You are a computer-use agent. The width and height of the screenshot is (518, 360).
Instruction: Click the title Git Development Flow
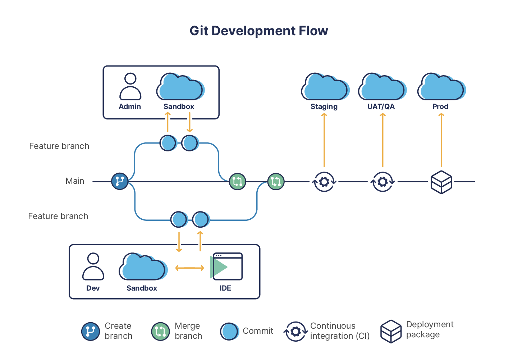(259, 31)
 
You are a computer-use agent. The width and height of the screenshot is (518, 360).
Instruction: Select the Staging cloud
(325, 87)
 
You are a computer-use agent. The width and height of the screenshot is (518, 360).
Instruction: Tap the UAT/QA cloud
(382, 87)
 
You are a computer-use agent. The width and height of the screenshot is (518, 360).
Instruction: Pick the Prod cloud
(441, 87)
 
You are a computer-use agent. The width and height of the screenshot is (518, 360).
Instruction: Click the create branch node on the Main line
(120, 181)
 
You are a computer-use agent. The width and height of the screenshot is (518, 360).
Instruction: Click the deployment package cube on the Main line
(441, 182)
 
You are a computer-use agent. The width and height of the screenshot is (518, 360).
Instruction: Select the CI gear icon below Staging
(324, 182)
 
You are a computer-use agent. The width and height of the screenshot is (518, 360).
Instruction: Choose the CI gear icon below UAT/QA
(383, 182)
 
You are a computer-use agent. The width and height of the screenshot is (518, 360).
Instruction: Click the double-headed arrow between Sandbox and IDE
(189, 268)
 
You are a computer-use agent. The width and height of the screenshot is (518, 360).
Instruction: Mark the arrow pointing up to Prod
(441, 140)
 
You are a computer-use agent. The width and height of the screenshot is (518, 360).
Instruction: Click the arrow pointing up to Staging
(324, 140)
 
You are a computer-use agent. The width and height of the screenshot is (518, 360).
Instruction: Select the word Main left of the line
(75, 181)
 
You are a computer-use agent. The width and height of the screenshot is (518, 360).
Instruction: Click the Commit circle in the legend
(229, 331)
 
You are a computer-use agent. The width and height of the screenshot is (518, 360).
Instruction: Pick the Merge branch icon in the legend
(160, 331)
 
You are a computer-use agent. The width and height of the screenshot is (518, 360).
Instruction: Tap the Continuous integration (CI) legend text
(340, 331)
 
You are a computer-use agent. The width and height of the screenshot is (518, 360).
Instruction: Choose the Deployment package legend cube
(391, 331)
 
